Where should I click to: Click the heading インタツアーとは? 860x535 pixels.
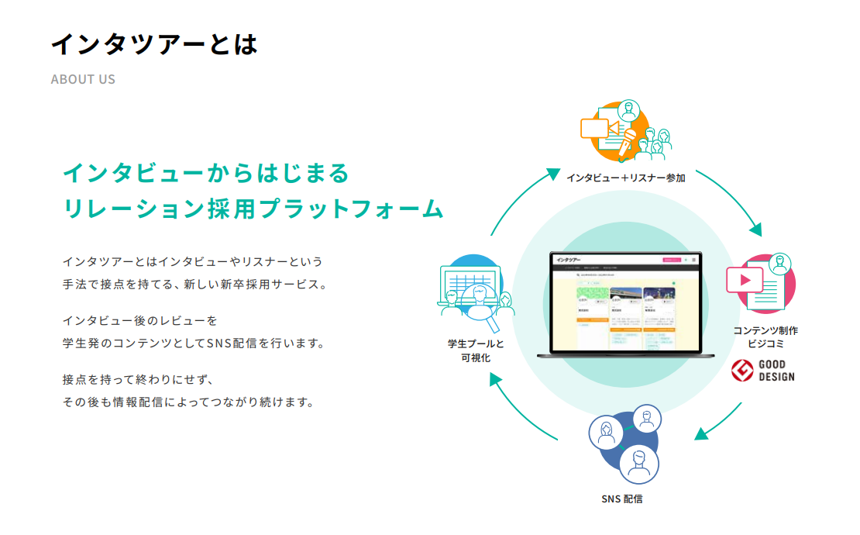pyautogui.click(x=153, y=45)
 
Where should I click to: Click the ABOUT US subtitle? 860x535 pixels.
pyautogui.click(x=83, y=79)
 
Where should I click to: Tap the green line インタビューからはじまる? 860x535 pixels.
pyautogui.click(x=206, y=173)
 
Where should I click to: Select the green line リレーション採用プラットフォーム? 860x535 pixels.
pyautogui.click(x=253, y=209)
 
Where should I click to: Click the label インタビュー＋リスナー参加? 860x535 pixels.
pyautogui.click(x=625, y=178)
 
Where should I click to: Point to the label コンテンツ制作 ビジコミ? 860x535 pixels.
pyautogui.click(x=765, y=337)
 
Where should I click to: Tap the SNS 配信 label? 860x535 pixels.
pyautogui.click(x=621, y=499)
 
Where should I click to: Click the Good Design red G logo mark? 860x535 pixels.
pyautogui.click(x=743, y=371)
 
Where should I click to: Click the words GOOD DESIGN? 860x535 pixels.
pyautogui.click(x=776, y=371)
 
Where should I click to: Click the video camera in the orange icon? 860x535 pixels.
pyautogui.click(x=597, y=128)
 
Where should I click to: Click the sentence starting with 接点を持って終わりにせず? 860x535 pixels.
pyautogui.click(x=138, y=379)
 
